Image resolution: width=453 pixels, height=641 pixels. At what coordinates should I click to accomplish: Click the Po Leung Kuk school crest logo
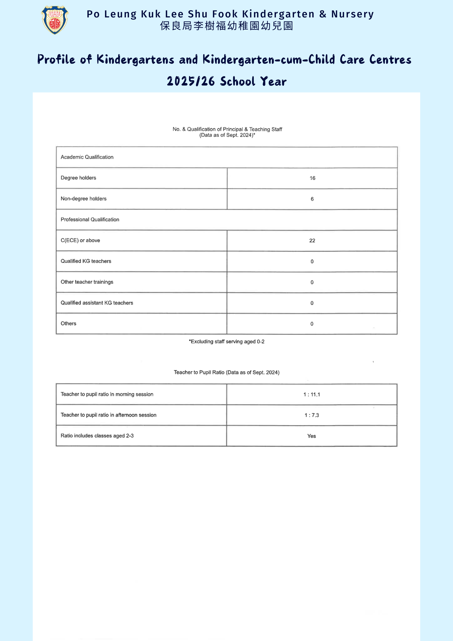[x=55, y=20]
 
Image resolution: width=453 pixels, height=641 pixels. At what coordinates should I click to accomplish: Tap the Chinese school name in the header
[x=227, y=26]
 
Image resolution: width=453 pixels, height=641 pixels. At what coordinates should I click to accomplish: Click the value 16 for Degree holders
[x=312, y=178]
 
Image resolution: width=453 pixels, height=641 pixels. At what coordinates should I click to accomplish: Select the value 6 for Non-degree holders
[x=312, y=199]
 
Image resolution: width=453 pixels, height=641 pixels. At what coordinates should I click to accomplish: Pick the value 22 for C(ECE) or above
[x=312, y=241]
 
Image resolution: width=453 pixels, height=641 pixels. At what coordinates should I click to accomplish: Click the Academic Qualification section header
[x=87, y=157]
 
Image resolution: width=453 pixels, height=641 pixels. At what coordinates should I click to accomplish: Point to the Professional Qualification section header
[x=90, y=220]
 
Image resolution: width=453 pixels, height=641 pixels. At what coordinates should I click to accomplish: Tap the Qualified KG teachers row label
[x=86, y=261]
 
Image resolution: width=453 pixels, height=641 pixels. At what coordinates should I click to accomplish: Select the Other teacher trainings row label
[x=87, y=282]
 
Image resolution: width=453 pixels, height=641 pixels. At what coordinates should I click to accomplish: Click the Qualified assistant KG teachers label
[x=97, y=303]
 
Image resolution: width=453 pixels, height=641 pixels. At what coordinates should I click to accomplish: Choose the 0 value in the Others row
[x=312, y=324]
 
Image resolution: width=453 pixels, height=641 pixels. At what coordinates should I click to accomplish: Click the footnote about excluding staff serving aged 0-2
[x=227, y=341]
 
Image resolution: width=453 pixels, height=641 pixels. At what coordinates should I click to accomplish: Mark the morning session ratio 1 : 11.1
[x=312, y=395]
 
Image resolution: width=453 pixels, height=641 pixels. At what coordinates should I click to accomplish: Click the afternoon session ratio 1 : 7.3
[x=312, y=415]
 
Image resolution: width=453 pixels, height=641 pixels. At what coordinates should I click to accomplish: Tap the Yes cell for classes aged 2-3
[x=311, y=436]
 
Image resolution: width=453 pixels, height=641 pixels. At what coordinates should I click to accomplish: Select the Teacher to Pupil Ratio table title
[x=227, y=372]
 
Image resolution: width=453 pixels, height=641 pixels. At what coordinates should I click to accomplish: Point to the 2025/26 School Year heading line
[x=227, y=82]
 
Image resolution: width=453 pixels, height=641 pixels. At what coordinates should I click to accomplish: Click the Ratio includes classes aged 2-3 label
[x=97, y=436]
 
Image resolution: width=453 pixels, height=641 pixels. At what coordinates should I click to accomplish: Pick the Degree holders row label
[x=78, y=178]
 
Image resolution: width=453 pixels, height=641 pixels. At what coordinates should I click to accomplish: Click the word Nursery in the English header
[x=352, y=14]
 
